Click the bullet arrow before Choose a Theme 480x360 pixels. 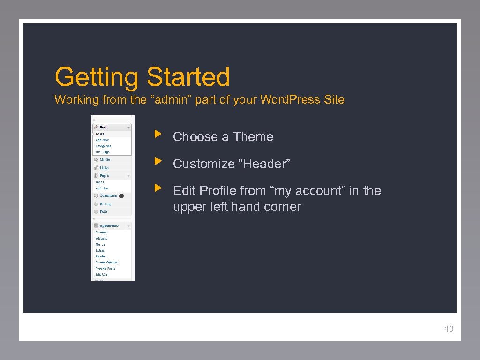click(158, 135)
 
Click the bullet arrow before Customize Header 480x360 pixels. click(158, 162)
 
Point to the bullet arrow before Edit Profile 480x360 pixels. click(158, 189)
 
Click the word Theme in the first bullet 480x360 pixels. click(253, 137)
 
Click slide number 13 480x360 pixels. click(449, 329)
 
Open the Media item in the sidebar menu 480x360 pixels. click(105, 160)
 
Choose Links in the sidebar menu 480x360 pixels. click(104, 168)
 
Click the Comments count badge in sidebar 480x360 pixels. click(121, 195)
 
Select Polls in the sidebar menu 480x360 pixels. click(104, 211)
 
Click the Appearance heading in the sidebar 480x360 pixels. click(109, 225)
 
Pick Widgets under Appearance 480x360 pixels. click(101, 238)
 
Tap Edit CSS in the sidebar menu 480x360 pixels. click(102, 274)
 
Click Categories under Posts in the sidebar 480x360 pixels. click(103, 146)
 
